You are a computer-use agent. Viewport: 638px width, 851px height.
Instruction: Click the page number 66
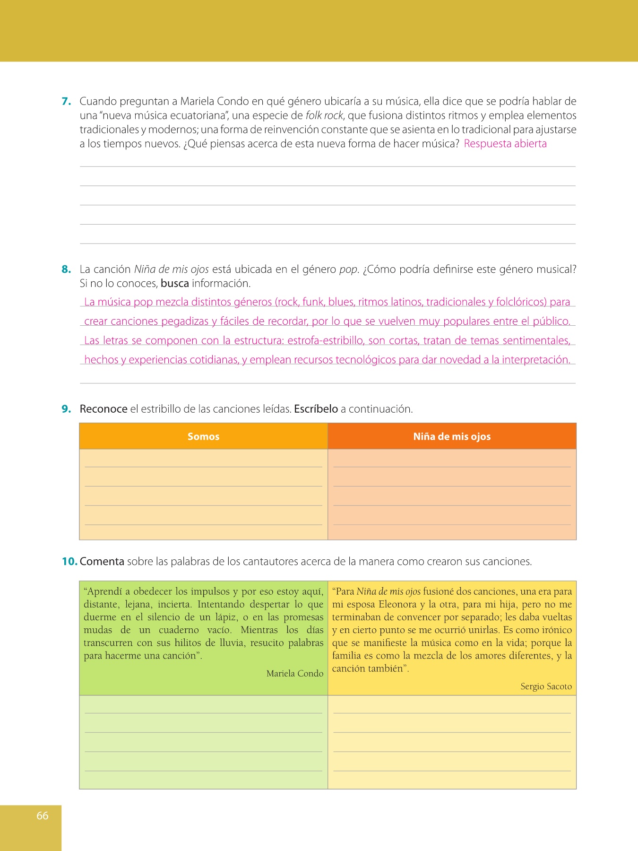[43, 815]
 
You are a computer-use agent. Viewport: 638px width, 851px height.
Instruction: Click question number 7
[66, 101]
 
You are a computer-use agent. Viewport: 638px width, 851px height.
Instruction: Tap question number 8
[66, 269]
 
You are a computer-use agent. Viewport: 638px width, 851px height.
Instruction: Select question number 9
[66, 409]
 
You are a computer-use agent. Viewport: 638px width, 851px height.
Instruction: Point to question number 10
[69, 562]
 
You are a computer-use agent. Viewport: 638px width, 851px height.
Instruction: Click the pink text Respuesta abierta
[505, 144]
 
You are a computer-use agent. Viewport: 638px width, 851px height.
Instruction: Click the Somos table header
[203, 436]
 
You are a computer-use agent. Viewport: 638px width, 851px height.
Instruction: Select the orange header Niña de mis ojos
[452, 436]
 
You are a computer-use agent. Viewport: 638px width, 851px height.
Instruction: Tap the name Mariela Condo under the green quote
[295, 673]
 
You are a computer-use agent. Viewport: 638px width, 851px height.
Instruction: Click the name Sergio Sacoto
[546, 686]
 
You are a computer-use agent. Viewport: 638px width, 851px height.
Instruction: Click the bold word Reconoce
[103, 409]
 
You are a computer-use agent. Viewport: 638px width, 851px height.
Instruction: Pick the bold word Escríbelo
[316, 409]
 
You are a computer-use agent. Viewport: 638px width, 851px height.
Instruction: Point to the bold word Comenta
[102, 562]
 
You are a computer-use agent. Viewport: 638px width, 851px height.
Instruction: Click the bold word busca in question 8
[175, 284]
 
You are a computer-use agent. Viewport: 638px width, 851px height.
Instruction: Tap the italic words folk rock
[324, 115]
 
